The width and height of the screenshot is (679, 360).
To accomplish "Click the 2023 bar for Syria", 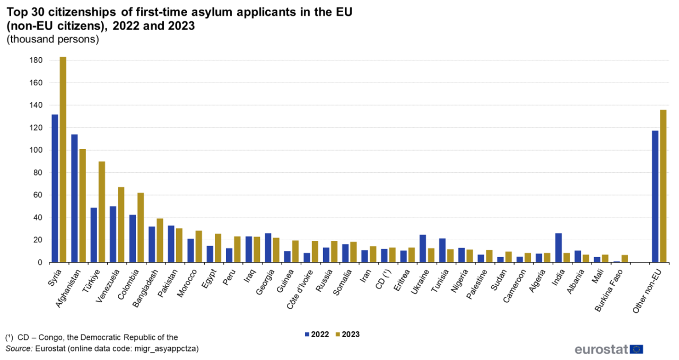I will point(63,159).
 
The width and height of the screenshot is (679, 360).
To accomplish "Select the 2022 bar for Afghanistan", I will point(74,198).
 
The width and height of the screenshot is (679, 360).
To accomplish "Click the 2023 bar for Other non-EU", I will point(663,186).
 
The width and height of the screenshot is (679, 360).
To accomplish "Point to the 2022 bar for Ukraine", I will point(423,249).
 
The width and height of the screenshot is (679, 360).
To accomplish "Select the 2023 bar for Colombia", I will point(141,227).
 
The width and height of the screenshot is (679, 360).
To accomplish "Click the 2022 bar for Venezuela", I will point(113,234).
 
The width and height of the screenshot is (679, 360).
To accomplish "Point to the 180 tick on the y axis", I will point(36,60).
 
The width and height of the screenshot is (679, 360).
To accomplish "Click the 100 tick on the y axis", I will point(36,150).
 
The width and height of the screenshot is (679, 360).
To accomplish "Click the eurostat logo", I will point(608,349).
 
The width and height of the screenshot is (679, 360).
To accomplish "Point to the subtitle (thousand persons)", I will point(53,40).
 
